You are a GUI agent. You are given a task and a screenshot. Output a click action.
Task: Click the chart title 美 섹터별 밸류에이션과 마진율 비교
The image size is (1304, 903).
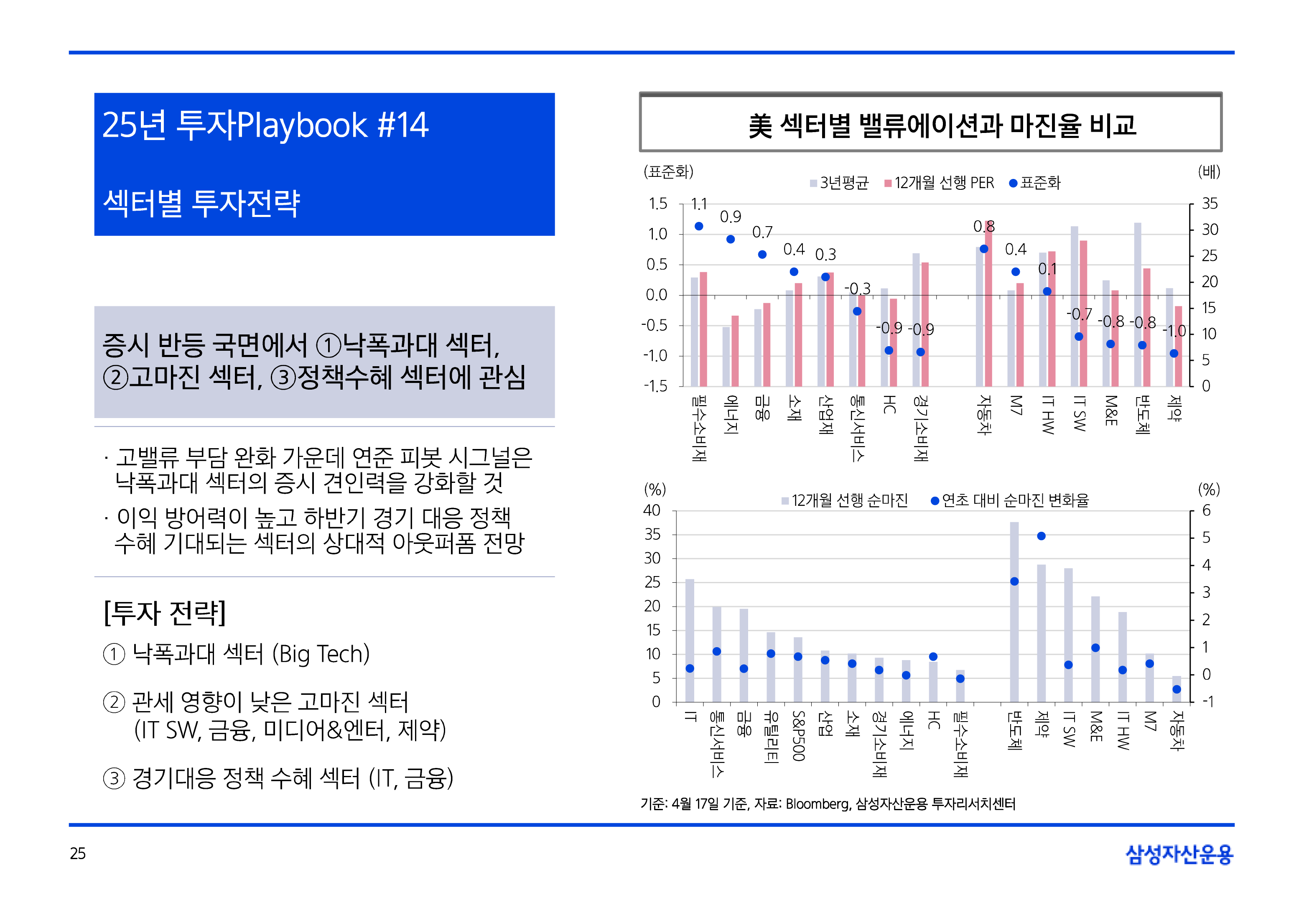click(942, 125)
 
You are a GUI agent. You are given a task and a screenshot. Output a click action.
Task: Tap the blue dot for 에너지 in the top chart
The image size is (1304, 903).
click(731, 239)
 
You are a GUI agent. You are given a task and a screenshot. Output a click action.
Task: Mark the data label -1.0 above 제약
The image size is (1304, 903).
click(1174, 331)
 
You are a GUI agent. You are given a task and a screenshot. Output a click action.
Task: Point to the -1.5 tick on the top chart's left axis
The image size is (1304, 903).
click(655, 386)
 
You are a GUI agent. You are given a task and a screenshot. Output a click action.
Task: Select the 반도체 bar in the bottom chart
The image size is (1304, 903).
click(1014, 611)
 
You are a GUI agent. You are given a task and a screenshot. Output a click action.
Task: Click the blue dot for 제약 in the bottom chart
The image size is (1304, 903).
click(1042, 536)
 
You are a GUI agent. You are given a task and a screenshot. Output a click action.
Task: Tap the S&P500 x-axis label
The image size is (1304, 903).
click(798, 735)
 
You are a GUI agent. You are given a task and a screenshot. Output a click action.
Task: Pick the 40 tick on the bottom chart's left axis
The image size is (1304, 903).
click(652, 510)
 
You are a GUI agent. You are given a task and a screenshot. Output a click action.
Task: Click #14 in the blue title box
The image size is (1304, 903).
click(402, 125)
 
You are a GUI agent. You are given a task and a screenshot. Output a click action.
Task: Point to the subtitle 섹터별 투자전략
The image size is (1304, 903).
click(201, 203)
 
